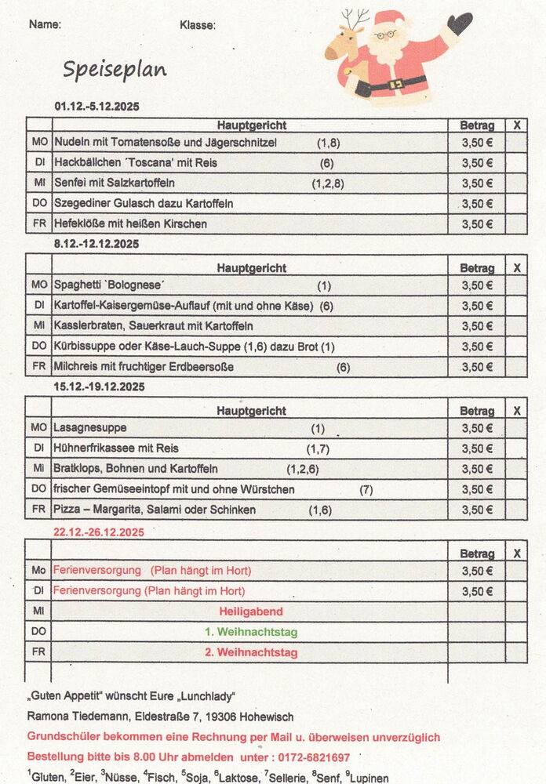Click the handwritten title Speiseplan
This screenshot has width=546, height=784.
pyautogui.click(x=115, y=70)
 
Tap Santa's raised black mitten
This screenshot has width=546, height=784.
pyautogui.click(x=460, y=23)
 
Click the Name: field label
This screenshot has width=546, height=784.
pyautogui.click(x=45, y=24)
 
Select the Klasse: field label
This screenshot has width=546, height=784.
pyautogui.click(x=198, y=25)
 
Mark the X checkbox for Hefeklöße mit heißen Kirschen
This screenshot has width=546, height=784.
pyautogui.click(x=516, y=223)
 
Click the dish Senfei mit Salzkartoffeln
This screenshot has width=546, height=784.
pyautogui.click(x=115, y=183)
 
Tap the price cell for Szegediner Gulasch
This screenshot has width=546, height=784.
pyautogui.click(x=477, y=204)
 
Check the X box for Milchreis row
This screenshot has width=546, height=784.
pyautogui.click(x=516, y=367)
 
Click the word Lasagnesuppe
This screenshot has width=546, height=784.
pyautogui.click(x=90, y=428)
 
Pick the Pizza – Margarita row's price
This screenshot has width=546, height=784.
pyautogui.click(x=477, y=510)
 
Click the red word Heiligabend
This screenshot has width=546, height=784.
pyautogui.click(x=251, y=612)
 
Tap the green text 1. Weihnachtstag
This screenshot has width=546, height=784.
pyautogui.click(x=251, y=632)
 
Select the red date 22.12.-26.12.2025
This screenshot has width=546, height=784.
pyautogui.click(x=99, y=532)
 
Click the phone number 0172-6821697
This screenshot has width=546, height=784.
pyautogui.click(x=312, y=757)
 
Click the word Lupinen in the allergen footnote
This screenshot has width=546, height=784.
pyautogui.click(x=369, y=778)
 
